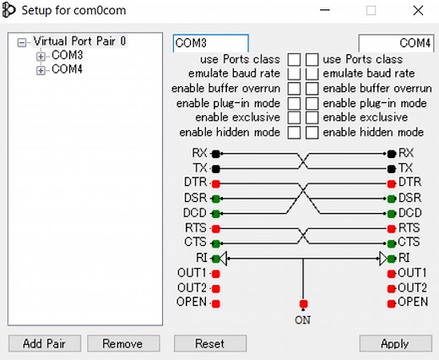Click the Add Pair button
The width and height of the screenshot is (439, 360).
pyautogui.click(x=44, y=344)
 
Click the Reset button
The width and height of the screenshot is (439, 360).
pyautogui.click(x=209, y=344)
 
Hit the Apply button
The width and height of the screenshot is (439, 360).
pyautogui.click(x=395, y=344)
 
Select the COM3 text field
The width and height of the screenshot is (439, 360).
pyautogui.click(x=210, y=42)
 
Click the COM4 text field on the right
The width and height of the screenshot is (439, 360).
pyautogui.click(x=396, y=42)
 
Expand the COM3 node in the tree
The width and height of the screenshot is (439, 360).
pyautogui.click(x=41, y=56)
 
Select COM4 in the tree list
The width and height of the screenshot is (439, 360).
pyautogui.click(x=67, y=70)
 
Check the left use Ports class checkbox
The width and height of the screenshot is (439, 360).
pyautogui.click(x=294, y=59)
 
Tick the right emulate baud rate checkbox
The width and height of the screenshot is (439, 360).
pyautogui.click(x=312, y=74)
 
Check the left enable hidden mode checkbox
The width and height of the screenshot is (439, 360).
pyautogui.click(x=294, y=133)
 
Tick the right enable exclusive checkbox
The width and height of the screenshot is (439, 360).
pyautogui.click(x=312, y=118)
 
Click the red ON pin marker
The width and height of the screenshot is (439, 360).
pyautogui.click(x=303, y=303)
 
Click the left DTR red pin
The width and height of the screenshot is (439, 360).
pyautogui.click(x=216, y=183)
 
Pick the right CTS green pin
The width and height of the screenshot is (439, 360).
pyautogui.click(x=391, y=243)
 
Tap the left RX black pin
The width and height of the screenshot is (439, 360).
pyautogui.click(x=216, y=154)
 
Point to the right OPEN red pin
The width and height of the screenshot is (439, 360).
pyautogui.click(x=391, y=303)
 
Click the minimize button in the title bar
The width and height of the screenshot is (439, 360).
pyautogui.click(x=325, y=12)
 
